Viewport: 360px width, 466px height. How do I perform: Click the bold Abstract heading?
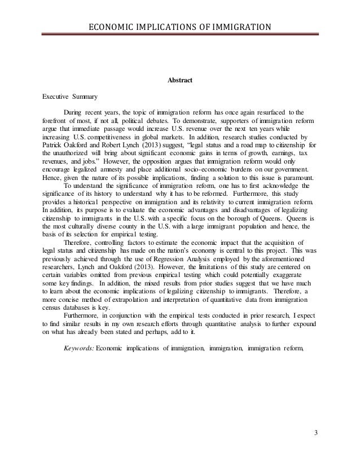coord(180,81)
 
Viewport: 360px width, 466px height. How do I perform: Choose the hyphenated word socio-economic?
coord(200,169)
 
